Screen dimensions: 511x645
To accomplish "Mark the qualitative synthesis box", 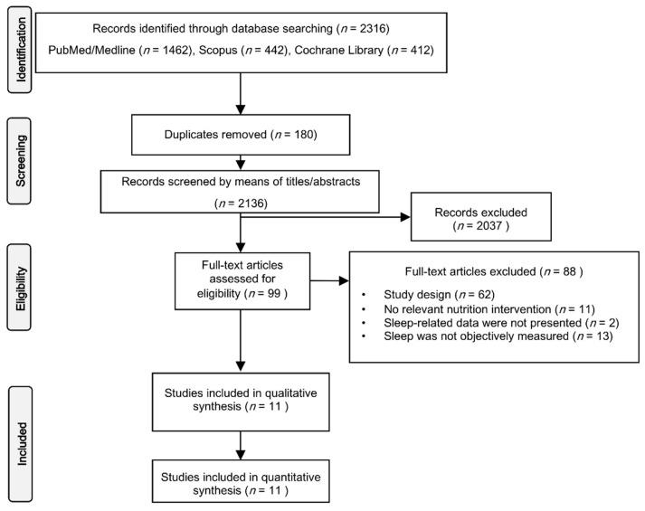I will (240, 400).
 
